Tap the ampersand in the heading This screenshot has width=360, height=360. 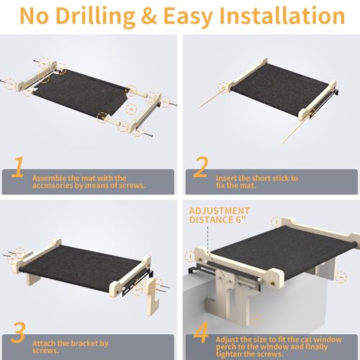click(x=149, y=17)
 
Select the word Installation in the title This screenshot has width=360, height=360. click(x=282, y=16)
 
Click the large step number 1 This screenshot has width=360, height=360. click(x=18, y=167)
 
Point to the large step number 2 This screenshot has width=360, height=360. click(x=201, y=167)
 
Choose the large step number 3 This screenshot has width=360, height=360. click(x=18, y=332)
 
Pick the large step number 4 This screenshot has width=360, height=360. click(x=201, y=333)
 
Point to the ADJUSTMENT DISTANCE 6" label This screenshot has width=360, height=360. click(x=219, y=215)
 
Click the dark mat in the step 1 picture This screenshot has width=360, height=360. click(x=81, y=92)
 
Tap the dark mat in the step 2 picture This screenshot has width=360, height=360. click(x=281, y=89)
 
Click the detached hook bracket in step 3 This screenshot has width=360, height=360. click(x=153, y=297)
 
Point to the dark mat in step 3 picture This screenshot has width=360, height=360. click(x=79, y=265)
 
